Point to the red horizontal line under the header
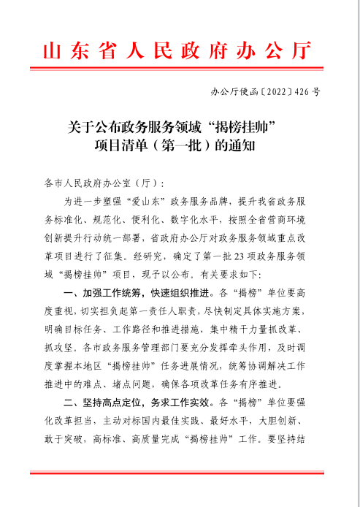[179, 70]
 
